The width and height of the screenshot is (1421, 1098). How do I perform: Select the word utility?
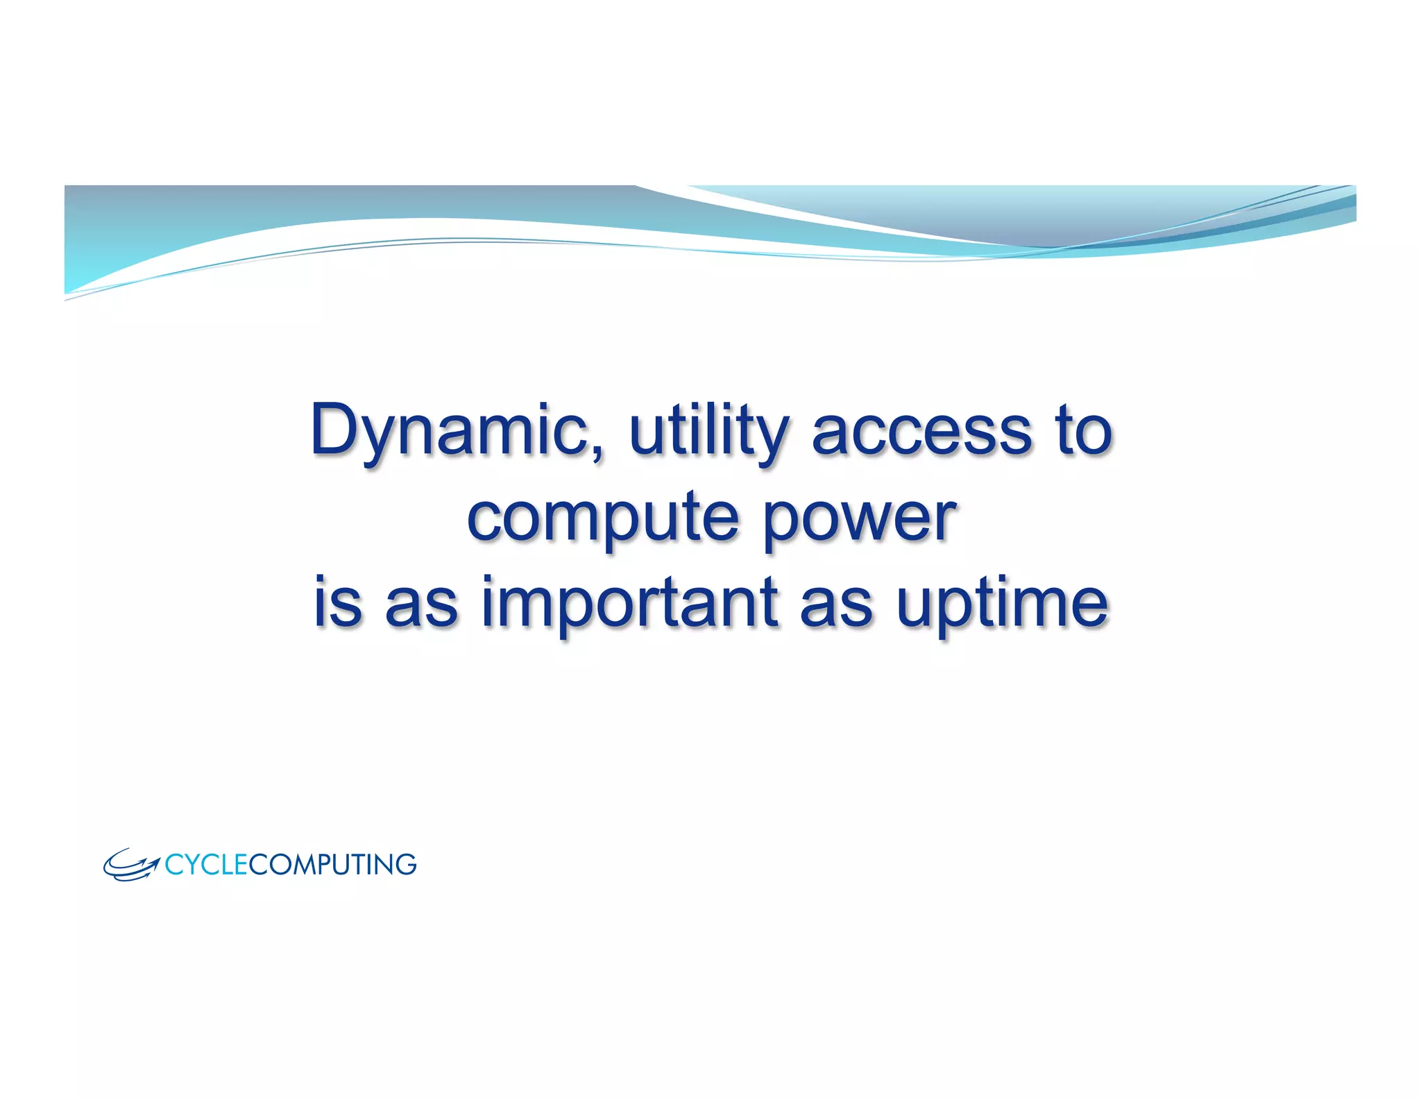pyautogui.click(x=707, y=432)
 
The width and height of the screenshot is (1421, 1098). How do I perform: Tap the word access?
pyautogui.click(x=922, y=432)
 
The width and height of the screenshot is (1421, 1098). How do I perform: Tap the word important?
pyautogui.click(x=629, y=602)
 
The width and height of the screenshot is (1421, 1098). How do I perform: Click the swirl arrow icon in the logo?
pyautogui.click(x=130, y=865)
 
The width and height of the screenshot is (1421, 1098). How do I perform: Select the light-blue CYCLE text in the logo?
pyautogui.click(x=206, y=865)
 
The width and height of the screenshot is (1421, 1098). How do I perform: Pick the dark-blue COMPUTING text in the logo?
pyautogui.click(x=332, y=865)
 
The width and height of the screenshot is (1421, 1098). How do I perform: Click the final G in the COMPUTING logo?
pyautogui.click(x=405, y=865)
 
